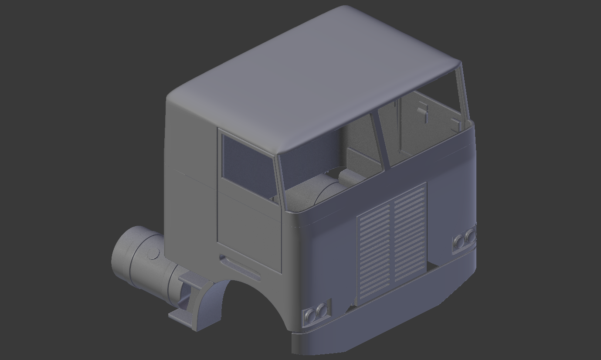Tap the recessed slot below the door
[x=240, y=267]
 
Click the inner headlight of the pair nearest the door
[x=322, y=310]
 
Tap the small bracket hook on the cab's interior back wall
[x=423, y=112]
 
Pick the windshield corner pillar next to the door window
[x=279, y=179]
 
